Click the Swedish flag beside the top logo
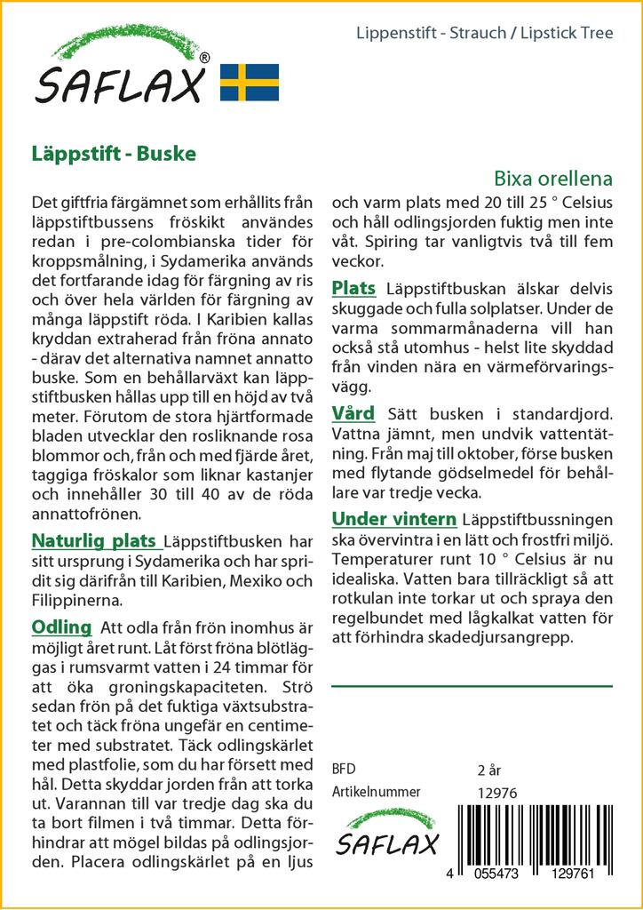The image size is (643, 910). point(250,82)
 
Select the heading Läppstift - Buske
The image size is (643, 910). point(114,152)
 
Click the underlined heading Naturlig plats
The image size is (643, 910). point(95,540)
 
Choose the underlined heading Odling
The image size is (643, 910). point(61,627)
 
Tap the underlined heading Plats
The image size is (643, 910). point(353,288)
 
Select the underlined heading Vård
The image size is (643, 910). point(353,413)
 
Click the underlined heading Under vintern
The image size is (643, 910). point(393,519)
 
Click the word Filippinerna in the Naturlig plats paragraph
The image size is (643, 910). point(81,601)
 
